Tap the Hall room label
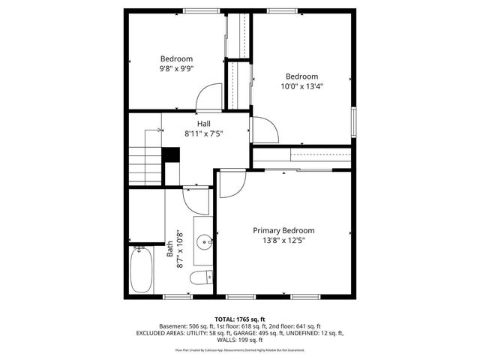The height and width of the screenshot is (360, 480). tap(204, 124)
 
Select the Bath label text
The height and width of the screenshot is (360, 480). tap(170, 244)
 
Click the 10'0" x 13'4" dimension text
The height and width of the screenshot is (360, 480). tap(301, 85)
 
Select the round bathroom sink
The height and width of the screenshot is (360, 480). tap(202, 242)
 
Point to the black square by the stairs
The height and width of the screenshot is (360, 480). tap(171, 154)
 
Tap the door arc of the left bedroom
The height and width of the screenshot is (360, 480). tap(208, 97)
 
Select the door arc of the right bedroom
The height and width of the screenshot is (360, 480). tap(265, 129)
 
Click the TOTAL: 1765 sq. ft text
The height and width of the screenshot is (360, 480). tap(240, 319)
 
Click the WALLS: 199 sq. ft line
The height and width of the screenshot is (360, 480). tap(240, 340)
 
